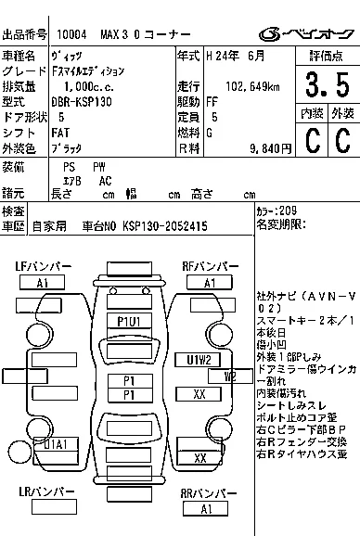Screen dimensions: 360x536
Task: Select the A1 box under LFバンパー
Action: pos(43,283)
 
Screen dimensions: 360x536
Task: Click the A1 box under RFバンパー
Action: pos(210,283)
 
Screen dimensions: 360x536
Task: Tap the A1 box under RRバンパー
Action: pos(206,508)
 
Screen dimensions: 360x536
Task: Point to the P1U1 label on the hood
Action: pos(129,321)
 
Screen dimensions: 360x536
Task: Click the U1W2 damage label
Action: pos(199,359)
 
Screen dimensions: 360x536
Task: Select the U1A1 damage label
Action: pos(56,444)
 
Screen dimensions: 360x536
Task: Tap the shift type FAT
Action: pos(61,133)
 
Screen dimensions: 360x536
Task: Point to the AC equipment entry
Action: pos(106,180)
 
